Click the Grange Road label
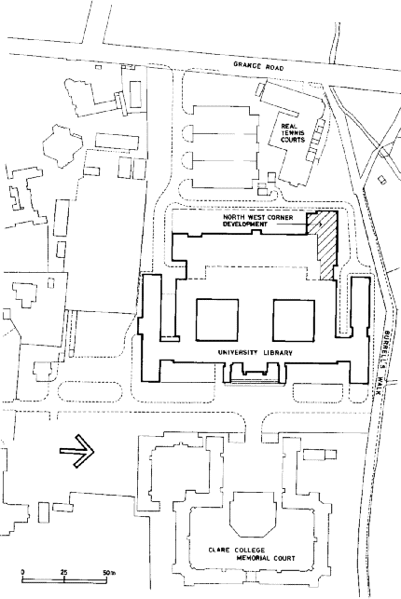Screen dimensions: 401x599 click(x=259, y=66)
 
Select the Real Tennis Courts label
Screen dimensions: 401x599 click(x=293, y=133)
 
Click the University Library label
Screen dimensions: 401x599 click(x=255, y=353)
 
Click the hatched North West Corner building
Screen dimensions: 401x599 click(x=325, y=244)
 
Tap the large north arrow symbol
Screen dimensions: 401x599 click(x=76, y=451)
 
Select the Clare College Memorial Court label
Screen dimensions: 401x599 click(x=252, y=554)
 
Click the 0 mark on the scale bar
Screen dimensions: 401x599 click(x=22, y=572)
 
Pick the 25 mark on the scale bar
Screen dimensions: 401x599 click(x=63, y=572)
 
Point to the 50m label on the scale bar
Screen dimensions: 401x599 click(x=109, y=572)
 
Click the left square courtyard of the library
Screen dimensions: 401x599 click(x=217, y=320)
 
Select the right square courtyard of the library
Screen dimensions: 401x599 click(x=294, y=320)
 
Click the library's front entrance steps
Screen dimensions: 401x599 click(x=254, y=380)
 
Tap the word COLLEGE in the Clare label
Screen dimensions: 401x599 click(x=250, y=551)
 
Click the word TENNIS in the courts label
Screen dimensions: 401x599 click(x=293, y=133)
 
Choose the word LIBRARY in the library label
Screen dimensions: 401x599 click(x=278, y=353)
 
